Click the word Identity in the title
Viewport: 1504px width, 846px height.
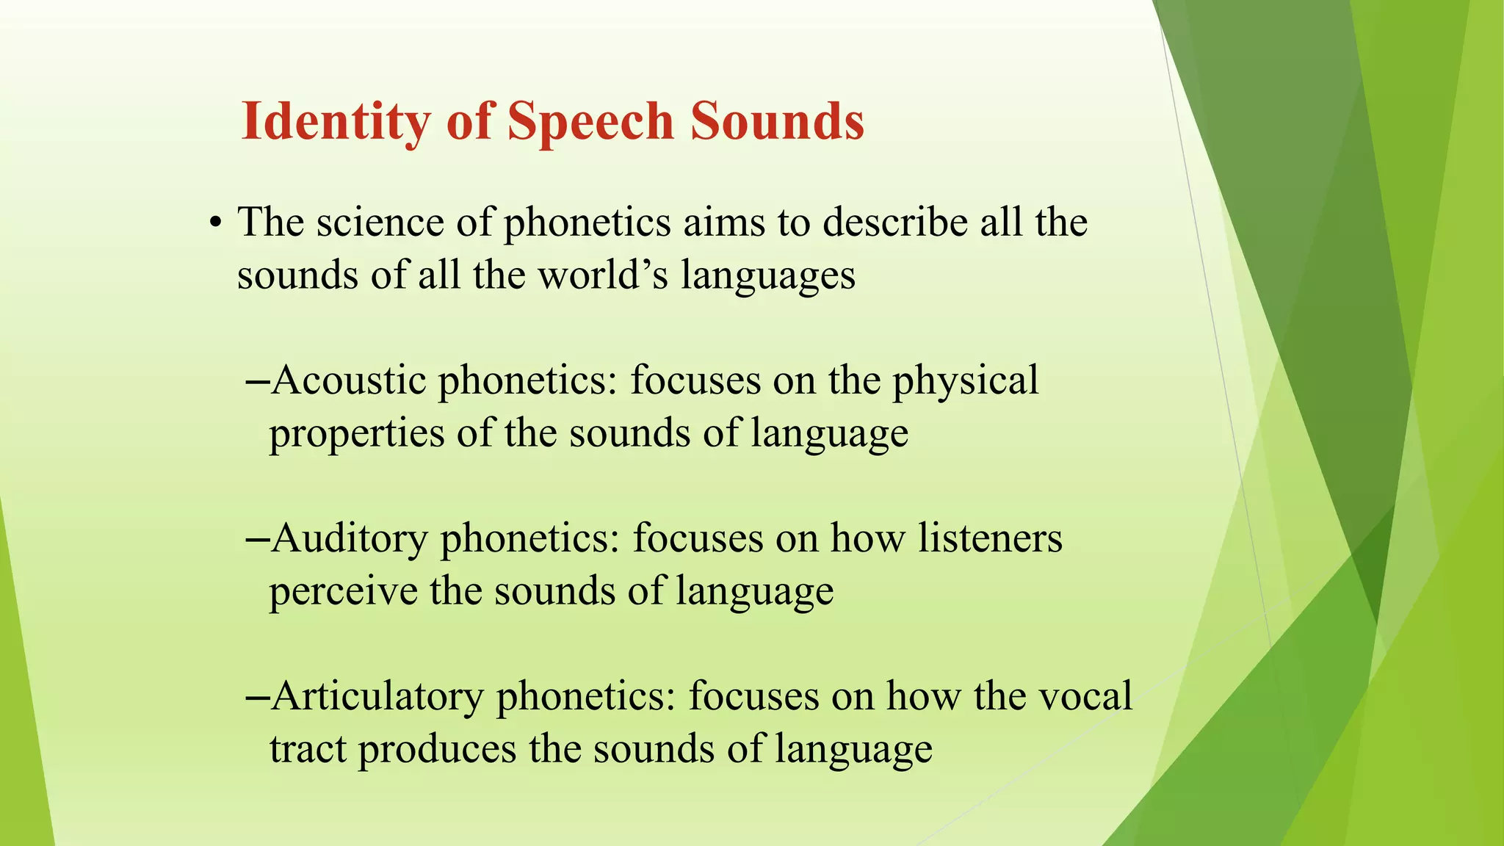point(336,121)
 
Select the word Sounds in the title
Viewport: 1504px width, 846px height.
point(777,121)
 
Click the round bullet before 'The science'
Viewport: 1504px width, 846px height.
point(214,223)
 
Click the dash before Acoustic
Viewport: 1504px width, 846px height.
point(256,382)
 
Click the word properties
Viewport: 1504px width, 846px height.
point(357,434)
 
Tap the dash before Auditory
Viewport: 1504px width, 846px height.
point(256,540)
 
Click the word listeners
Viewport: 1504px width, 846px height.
point(990,538)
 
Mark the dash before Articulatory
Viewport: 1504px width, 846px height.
point(256,698)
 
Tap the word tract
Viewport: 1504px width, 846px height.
point(308,750)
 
